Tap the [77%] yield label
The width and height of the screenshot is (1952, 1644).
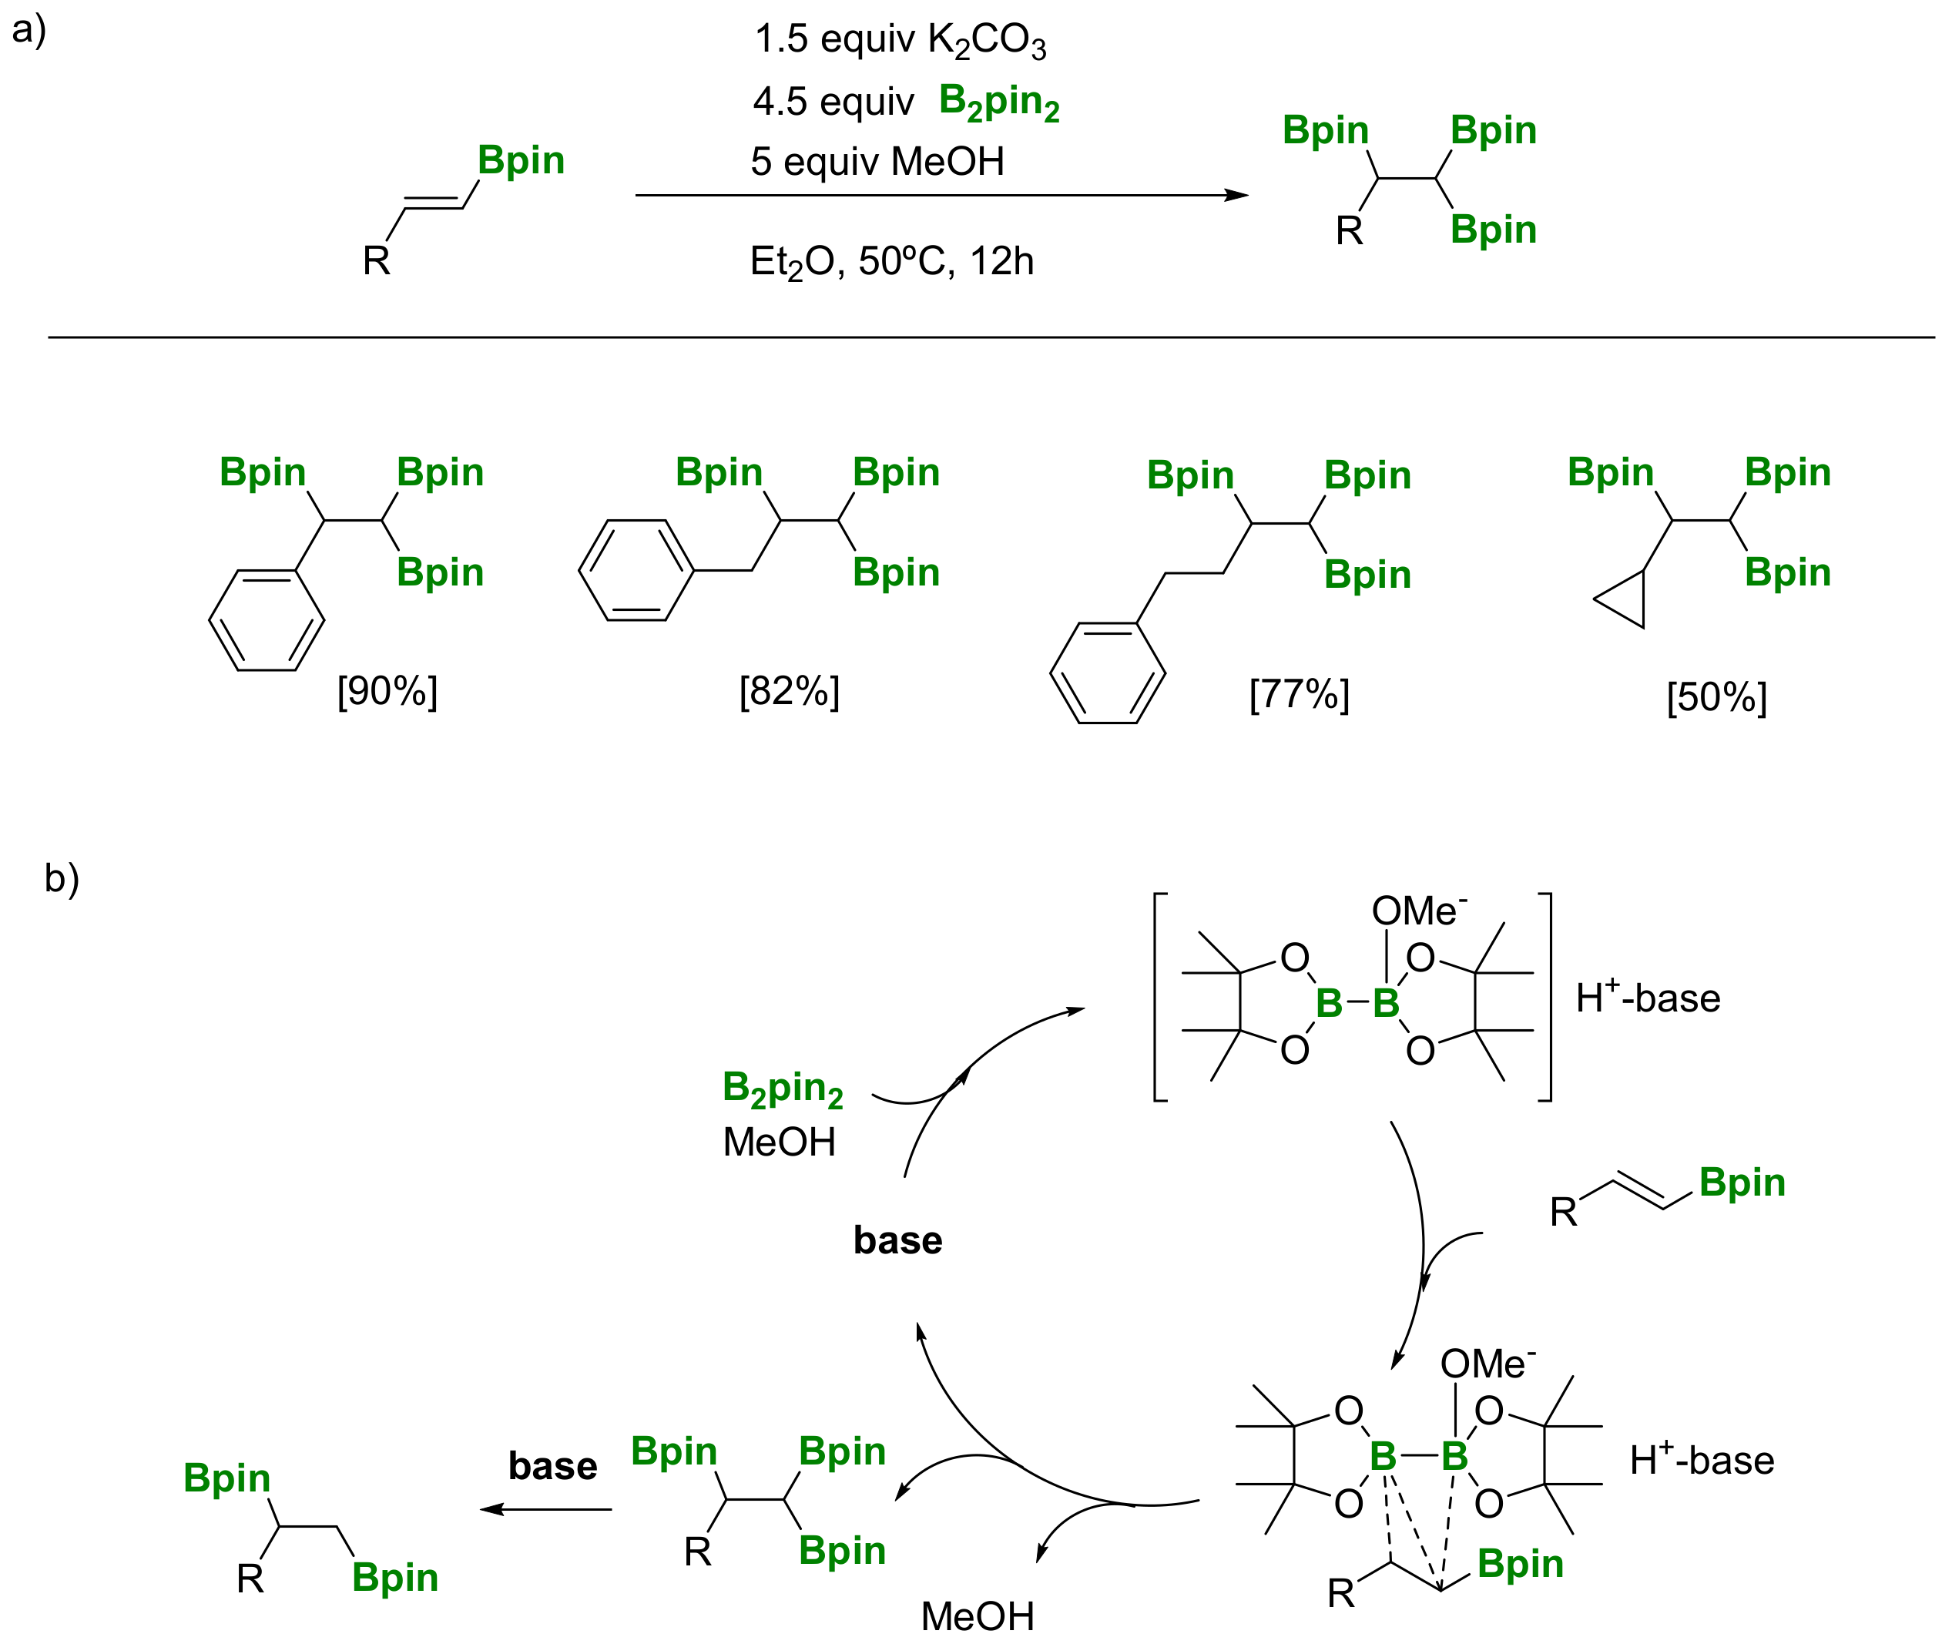point(1299,694)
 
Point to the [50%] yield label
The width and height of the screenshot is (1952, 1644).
point(1716,697)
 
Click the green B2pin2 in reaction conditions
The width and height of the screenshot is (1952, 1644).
point(999,102)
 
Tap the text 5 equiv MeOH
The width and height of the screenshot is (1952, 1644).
point(877,162)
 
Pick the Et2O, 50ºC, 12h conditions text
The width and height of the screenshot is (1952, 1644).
point(892,262)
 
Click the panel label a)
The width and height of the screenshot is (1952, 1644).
point(29,30)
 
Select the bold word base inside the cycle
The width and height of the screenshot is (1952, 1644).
point(897,1240)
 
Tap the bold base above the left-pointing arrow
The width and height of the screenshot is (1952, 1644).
point(552,1466)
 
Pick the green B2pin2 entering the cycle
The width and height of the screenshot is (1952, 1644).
point(783,1089)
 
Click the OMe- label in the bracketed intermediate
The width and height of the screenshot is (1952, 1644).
point(1418,911)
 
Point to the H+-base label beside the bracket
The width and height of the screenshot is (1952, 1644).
point(1647,998)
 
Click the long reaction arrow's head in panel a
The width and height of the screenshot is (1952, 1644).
point(1237,196)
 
